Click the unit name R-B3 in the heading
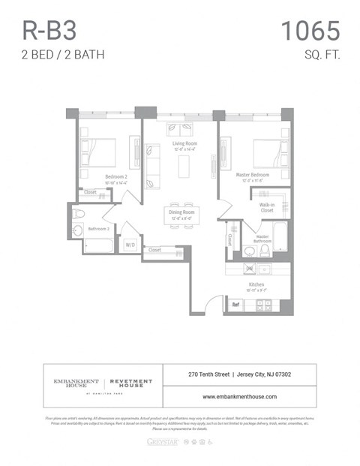[50, 31]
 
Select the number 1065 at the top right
[310, 31]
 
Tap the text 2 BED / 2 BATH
[63, 54]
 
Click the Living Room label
[184, 143]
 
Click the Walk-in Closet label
[266, 207]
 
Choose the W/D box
[130, 245]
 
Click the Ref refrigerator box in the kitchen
[235, 305]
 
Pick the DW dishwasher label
[249, 268]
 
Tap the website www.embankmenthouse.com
[239, 396]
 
